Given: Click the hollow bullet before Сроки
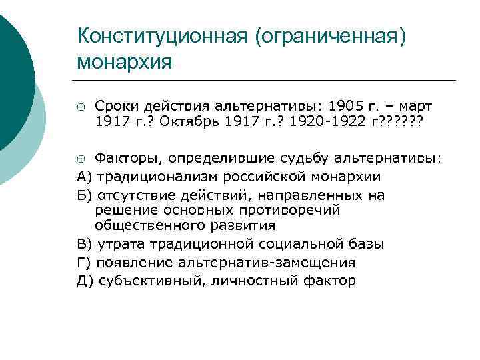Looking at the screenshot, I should coord(81,107).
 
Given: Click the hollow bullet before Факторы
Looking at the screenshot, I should coord(81,159).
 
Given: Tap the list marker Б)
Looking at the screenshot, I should coord(85,195).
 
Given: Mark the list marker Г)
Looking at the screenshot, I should coord(85,263).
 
